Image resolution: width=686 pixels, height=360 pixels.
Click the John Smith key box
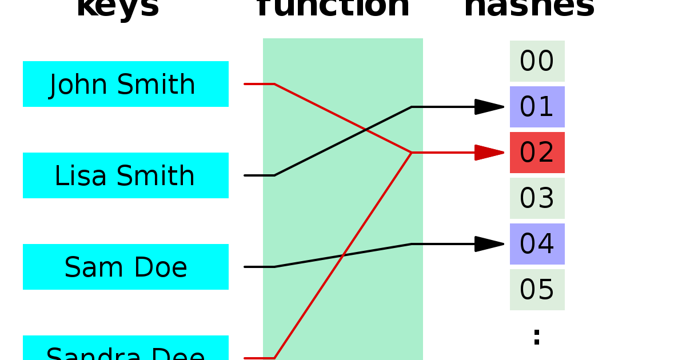tap(126, 84)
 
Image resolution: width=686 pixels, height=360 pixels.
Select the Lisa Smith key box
tap(126, 175)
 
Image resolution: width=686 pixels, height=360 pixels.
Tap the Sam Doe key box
tap(126, 267)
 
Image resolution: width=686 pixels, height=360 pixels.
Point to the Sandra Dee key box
tap(126, 350)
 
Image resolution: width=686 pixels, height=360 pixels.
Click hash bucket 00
tap(537, 61)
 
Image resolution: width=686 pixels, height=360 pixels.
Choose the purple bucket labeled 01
tap(537, 107)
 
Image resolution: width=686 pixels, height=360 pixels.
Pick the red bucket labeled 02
tap(537, 153)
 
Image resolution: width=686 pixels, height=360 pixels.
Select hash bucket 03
tap(537, 198)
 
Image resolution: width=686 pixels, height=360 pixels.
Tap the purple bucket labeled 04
tap(537, 244)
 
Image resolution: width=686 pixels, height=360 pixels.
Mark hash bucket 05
tap(537, 290)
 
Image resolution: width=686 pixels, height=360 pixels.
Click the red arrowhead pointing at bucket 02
tap(489, 153)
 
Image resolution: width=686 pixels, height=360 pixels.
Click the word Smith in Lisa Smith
tap(163, 176)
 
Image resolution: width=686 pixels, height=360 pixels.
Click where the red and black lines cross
tap(366, 130)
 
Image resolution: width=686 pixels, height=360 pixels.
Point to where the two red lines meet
tap(412, 153)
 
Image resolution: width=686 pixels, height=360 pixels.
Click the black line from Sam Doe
tap(343, 255)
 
